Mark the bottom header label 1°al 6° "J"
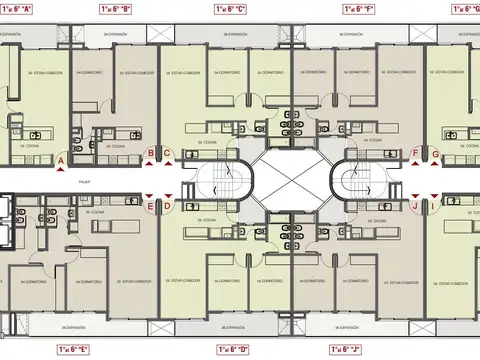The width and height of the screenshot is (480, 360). [x=347, y=350]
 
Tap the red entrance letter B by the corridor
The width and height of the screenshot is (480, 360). [x=151, y=153]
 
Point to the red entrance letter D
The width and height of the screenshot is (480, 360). [x=168, y=207]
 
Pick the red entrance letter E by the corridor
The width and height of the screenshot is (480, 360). [x=151, y=207]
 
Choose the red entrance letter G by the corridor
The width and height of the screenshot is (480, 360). [x=437, y=153]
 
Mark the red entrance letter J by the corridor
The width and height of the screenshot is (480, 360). [x=414, y=207]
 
